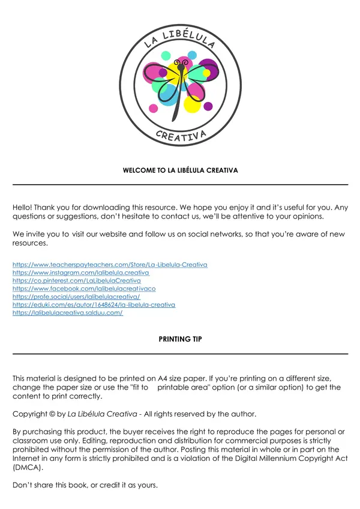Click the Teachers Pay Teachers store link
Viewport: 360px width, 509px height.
tap(110, 264)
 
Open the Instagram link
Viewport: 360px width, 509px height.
tap(81, 273)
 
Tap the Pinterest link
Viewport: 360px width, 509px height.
tap(77, 280)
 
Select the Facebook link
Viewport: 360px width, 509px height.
tap(84, 289)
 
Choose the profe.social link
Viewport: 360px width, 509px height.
tap(76, 297)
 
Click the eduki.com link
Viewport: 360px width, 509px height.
tap(94, 305)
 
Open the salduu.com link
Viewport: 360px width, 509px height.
tap(67, 313)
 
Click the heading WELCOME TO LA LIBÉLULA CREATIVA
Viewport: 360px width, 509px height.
tap(180, 170)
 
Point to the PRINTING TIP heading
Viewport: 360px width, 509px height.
tap(180, 339)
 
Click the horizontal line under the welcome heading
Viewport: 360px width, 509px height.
tap(180, 184)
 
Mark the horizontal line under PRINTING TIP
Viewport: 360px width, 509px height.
tap(180, 354)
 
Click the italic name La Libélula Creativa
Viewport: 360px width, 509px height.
tap(102, 414)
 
